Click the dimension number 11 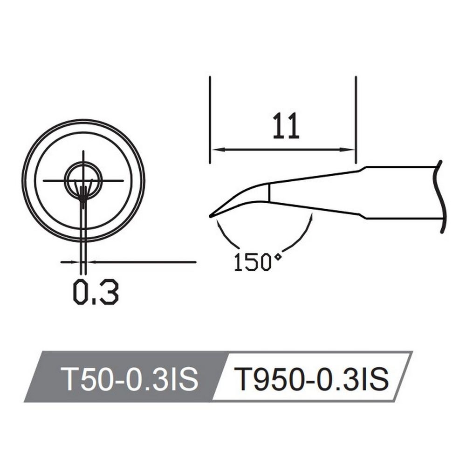pos(286,126)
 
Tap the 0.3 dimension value pos(96,292)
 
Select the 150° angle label pos(257,262)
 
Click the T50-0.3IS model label pos(129,379)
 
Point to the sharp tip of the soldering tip pos(211,216)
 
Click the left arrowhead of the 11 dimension pos(217,150)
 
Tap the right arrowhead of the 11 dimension pos(348,150)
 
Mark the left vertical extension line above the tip pos(210,120)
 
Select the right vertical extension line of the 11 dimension pos(356,120)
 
